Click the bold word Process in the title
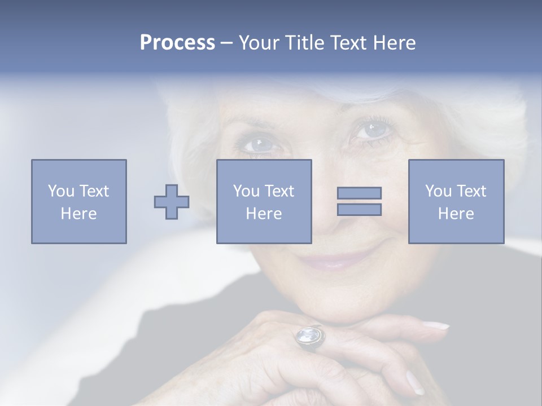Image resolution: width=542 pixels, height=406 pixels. pos(177,43)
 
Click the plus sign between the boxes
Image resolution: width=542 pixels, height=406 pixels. pos(172,202)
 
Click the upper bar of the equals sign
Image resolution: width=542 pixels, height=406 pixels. pos(359,193)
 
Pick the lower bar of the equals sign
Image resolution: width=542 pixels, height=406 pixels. pos(359,210)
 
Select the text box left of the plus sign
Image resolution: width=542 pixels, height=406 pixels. pos(79,201)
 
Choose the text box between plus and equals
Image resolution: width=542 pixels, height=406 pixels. pos(264,201)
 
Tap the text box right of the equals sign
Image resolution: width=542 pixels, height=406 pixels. pos(456,201)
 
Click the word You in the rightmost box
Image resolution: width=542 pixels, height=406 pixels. pos(436,191)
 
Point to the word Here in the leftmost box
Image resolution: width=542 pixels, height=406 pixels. pos(78,214)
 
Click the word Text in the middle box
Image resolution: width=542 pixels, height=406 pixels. pos(280,191)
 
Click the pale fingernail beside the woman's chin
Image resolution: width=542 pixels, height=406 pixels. pos(435,325)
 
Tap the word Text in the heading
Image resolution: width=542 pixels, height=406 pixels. pos(347,43)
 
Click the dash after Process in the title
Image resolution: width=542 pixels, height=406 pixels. pos(226,43)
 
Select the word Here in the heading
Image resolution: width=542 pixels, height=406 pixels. pos(394,43)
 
